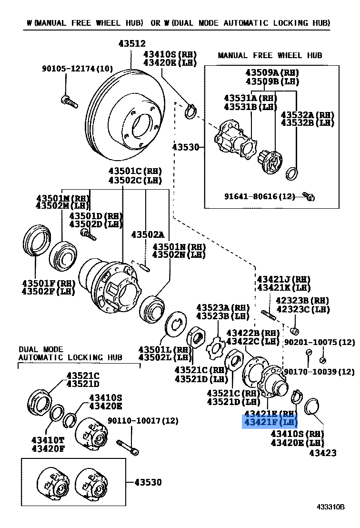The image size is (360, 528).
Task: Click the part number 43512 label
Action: (x=132, y=43)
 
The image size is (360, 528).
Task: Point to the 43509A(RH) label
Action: (x=272, y=72)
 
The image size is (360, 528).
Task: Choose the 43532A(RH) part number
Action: (x=307, y=115)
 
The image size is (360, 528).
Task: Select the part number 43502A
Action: (x=148, y=234)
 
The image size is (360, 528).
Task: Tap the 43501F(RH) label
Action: (x=48, y=283)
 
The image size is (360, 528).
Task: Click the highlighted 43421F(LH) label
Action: (x=270, y=422)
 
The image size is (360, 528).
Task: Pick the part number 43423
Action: (x=322, y=452)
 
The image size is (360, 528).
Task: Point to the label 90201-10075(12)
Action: (x=320, y=342)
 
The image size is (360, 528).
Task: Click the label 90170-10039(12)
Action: (x=319, y=371)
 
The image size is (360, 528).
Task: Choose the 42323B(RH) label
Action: (x=302, y=301)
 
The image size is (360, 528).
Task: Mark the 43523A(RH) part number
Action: (x=223, y=307)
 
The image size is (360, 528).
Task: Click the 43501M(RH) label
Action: (x=62, y=197)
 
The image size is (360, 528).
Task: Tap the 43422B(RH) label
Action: (x=253, y=332)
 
